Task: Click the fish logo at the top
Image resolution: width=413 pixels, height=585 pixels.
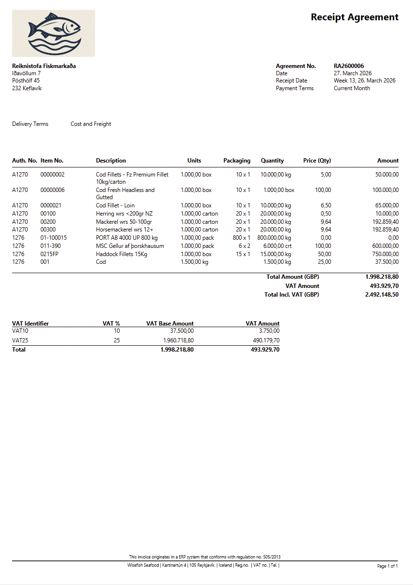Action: (x=54, y=33)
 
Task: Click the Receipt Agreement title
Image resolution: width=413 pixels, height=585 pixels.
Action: (x=354, y=17)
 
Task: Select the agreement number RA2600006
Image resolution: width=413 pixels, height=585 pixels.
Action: (x=348, y=66)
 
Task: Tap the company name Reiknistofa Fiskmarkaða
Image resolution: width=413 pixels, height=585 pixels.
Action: (x=44, y=66)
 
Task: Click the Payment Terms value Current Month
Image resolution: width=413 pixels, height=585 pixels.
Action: (x=352, y=88)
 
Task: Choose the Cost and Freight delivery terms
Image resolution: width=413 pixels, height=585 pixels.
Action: (x=91, y=124)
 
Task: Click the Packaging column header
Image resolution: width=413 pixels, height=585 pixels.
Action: (x=236, y=161)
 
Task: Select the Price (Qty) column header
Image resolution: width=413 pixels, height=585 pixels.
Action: (x=317, y=161)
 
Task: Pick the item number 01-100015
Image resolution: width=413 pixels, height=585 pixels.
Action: (x=54, y=238)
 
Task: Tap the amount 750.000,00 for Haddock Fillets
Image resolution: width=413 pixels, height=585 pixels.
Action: (x=382, y=254)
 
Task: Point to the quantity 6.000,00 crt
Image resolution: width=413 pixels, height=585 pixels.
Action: (x=276, y=246)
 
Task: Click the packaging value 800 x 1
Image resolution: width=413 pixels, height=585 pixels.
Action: (x=241, y=238)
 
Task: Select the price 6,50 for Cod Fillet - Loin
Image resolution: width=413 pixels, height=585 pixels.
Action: (x=326, y=205)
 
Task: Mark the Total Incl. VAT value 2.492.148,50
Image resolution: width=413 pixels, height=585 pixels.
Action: (x=382, y=294)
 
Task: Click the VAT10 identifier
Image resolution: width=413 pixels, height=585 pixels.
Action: (x=21, y=331)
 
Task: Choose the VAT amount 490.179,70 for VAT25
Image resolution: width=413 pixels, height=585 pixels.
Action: (x=262, y=340)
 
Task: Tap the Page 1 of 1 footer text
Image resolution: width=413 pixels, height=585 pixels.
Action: (x=387, y=566)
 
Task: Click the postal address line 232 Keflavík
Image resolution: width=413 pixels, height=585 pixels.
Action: (x=27, y=88)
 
